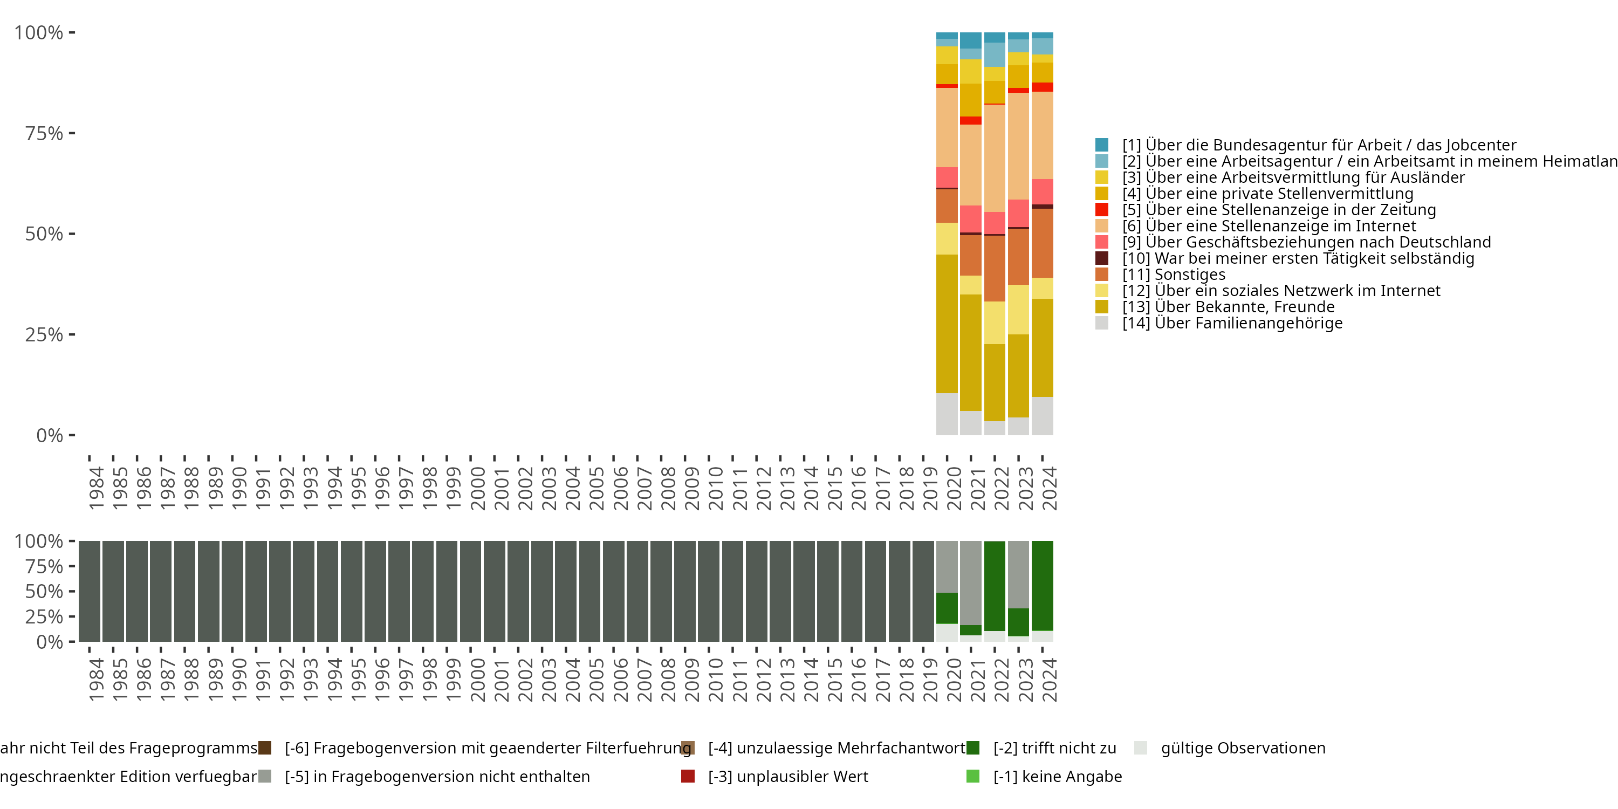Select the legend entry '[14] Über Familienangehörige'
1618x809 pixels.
coord(1232,323)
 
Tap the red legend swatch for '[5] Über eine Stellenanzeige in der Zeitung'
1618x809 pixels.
coord(1102,210)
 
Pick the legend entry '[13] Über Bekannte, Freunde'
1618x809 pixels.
coord(1228,306)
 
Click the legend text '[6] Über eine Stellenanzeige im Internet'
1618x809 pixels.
coord(1269,226)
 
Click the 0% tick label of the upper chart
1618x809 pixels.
coord(50,435)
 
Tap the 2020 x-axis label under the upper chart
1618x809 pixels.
coord(954,488)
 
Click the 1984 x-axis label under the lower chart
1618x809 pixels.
coord(96,680)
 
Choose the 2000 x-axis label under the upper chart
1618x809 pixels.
coord(477,488)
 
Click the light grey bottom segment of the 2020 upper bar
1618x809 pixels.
coord(947,414)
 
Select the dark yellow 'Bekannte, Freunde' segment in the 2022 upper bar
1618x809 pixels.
coord(995,382)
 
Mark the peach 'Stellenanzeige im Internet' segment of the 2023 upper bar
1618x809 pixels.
coord(1018,146)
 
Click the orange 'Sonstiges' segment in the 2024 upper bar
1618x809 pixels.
coord(1042,243)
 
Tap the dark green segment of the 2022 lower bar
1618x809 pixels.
coord(995,585)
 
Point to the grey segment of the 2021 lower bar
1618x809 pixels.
coord(970,582)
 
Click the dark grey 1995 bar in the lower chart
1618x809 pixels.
coord(351,591)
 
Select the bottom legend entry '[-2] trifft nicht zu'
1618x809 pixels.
coord(1054,748)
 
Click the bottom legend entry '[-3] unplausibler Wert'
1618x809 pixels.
coord(787,776)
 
